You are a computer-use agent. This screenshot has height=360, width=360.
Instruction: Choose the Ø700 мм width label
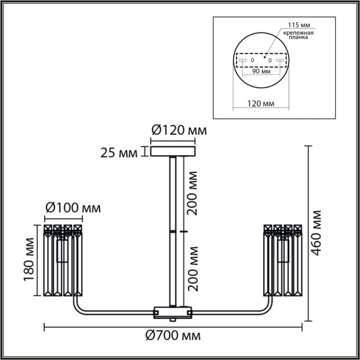coord(173,336)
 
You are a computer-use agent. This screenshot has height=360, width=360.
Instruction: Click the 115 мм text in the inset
coord(297,25)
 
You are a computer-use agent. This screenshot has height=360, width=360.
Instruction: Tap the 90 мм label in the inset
coord(260,71)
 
